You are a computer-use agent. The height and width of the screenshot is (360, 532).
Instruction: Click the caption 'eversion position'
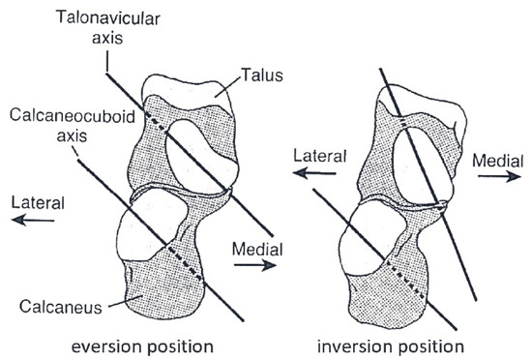(144, 344)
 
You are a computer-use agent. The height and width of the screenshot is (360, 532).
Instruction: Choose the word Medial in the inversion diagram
(498, 160)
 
